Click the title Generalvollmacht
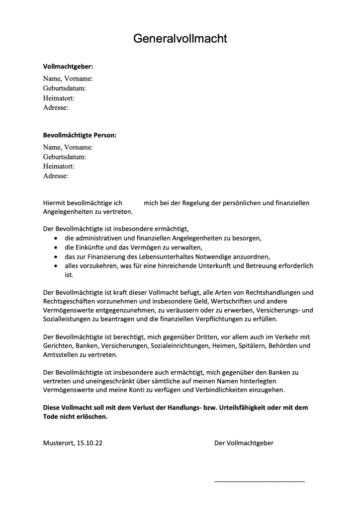(180, 39)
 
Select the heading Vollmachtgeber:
(68, 67)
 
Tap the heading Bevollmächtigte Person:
(80, 135)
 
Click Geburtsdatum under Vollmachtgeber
(65, 88)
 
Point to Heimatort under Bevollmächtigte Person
(59, 166)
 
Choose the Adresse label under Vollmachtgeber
(56, 107)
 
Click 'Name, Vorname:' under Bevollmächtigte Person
(68, 147)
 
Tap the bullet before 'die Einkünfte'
(55, 248)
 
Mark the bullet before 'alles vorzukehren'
(55, 266)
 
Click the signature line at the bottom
(259, 481)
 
